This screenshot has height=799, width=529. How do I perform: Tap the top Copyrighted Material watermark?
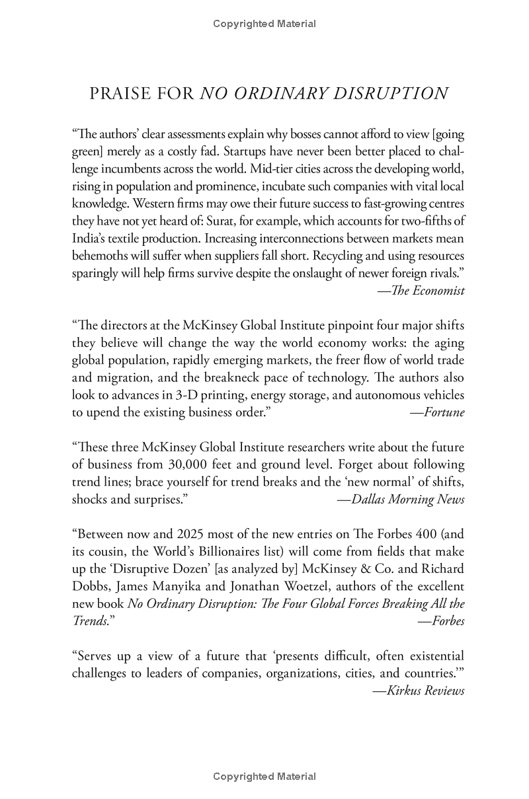click(x=264, y=24)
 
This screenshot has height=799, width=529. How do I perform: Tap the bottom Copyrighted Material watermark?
click(x=264, y=777)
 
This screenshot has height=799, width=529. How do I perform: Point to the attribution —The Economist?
click(x=421, y=290)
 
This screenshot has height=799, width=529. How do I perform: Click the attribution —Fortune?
click(x=437, y=412)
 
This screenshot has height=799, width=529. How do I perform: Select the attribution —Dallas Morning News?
click(x=401, y=499)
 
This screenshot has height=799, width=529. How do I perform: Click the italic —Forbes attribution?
click(x=441, y=621)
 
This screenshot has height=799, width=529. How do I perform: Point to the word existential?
click(x=431, y=656)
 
